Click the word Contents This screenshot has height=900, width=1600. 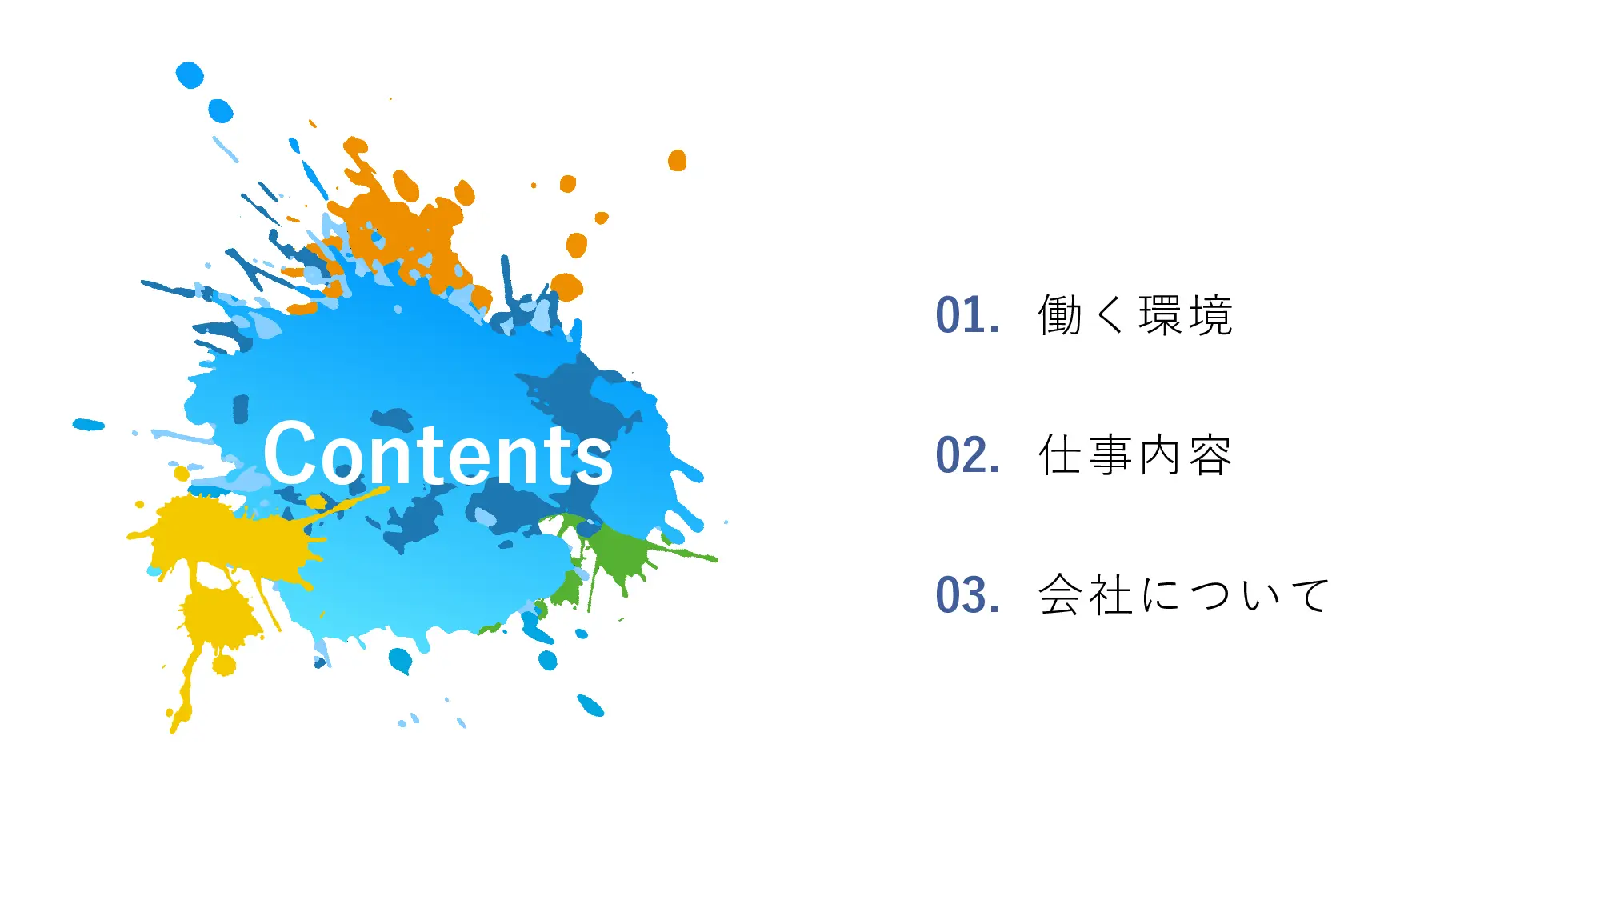tap(438, 454)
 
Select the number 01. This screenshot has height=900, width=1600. tap(966, 315)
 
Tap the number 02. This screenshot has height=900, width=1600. tap(966, 455)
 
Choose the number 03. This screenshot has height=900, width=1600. tap(966, 595)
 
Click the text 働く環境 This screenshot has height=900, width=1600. tap(1134, 315)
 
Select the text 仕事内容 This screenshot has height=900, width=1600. tap(1134, 455)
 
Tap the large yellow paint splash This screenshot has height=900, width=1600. tap(224, 544)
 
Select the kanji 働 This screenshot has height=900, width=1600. tap(1060, 315)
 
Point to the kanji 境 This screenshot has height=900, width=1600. tap(1210, 315)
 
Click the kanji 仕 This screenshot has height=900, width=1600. tap(1060, 455)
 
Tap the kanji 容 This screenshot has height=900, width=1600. tap(1210, 455)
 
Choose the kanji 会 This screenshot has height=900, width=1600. tap(1060, 595)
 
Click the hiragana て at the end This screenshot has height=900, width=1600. tap(1310, 595)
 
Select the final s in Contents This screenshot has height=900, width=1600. tap(596, 460)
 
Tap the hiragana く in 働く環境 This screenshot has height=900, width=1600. tap(1110, 315)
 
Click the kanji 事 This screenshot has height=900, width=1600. tap(1110, 455)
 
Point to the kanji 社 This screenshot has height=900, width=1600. tap(1110, 595)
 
